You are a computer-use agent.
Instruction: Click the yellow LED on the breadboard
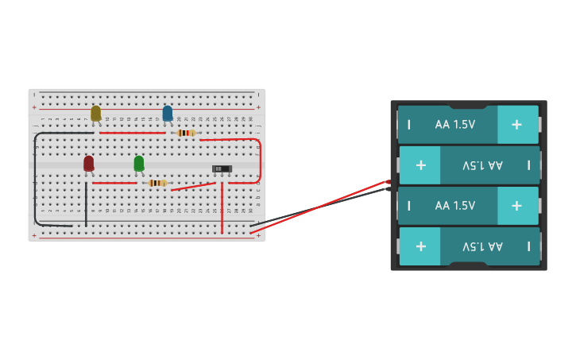pos(96,114)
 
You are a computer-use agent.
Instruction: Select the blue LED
pos(168,114)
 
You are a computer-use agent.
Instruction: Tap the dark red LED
pos(89,163)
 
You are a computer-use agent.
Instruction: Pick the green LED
pos(139,163)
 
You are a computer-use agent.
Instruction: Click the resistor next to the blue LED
pos(187,133)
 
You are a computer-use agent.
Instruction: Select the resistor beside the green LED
pos(158,183)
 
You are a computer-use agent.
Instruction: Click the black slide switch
pos(222,168)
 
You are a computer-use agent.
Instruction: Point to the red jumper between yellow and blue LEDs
pos(132,133)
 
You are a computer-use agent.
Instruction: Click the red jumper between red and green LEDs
pos(114,183)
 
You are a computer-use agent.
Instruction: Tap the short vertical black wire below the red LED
pos(86,204)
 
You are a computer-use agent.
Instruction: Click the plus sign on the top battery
pos(516,125)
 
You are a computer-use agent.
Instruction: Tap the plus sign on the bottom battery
pos(420,246)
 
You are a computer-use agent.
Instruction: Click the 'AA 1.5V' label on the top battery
pos(455,125)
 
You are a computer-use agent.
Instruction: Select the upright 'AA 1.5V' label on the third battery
pos(455,206)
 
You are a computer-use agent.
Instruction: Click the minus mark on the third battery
pos(409,206)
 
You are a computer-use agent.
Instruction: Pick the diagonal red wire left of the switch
pos(193,187)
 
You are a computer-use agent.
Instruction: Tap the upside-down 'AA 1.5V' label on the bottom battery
pos(483,246)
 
